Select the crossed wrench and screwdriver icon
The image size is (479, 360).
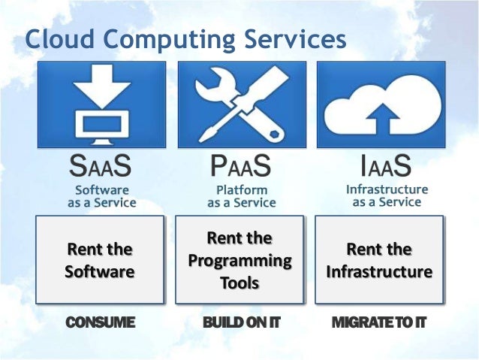[241, 104]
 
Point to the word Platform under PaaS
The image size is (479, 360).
[242, 189]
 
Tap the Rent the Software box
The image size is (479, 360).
[100, 259]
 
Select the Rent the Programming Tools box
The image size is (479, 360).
[240, 259]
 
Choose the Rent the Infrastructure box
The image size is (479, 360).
[379, 259]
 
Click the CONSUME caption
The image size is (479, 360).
[100, 324]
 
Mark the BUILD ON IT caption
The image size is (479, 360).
[240, 324]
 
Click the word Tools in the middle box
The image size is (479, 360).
[239, 283]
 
